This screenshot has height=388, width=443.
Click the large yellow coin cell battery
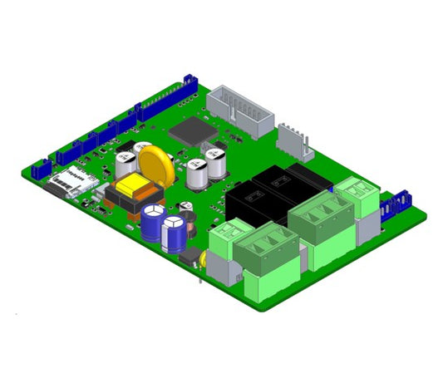[155, 163]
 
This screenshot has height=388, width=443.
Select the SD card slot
[71, 179]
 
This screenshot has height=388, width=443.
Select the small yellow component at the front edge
[202, 258]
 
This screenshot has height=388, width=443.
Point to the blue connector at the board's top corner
[190, 81]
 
